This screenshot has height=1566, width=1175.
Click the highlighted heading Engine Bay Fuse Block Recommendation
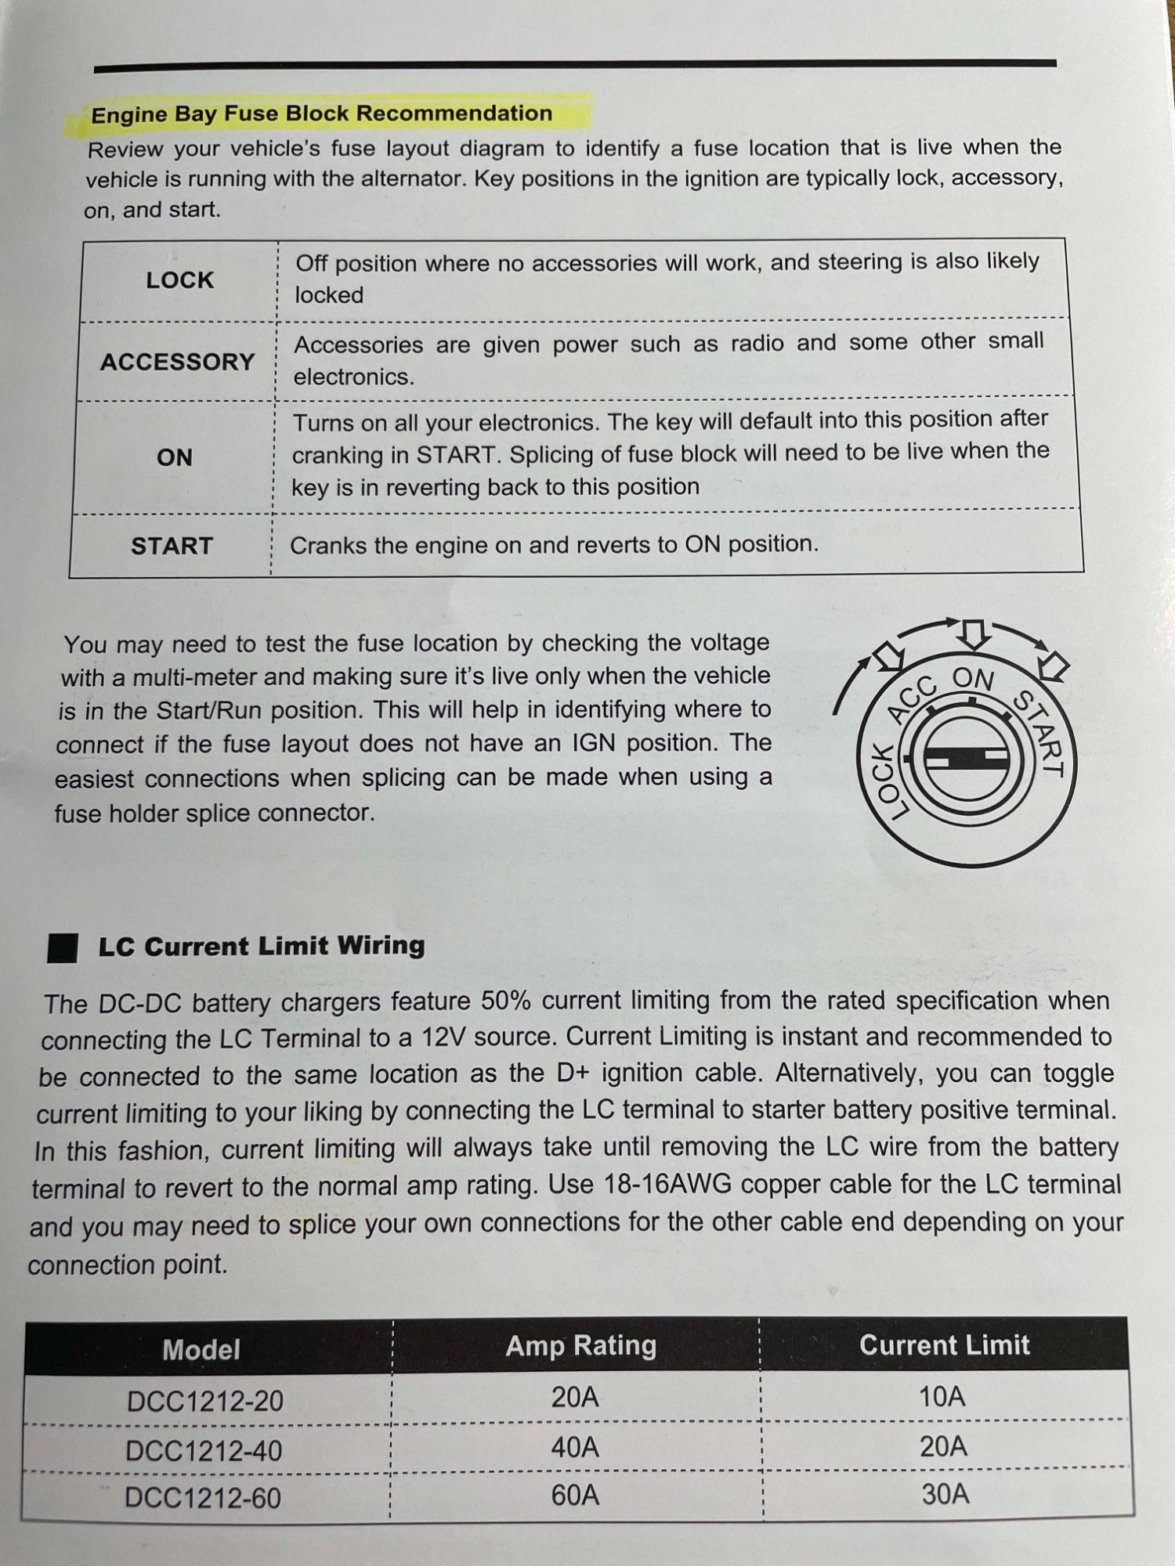point(321,114)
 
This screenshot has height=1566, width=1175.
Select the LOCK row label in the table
point(179,280)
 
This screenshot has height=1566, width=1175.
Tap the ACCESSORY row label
point(178,362)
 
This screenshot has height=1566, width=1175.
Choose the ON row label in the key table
point(174,457)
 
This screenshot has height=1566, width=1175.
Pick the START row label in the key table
point(172,546)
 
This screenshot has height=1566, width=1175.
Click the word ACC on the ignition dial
point(913,698)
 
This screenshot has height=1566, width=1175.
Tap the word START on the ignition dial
point(1039,733)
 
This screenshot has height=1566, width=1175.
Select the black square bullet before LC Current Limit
point(63,947)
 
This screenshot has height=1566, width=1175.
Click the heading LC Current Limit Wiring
point(262,946)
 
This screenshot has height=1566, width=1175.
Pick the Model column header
point(201,1350)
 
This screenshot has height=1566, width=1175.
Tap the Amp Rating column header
point(580,1346)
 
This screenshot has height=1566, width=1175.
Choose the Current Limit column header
point(944,1345)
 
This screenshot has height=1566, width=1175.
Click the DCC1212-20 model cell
point(205,1401)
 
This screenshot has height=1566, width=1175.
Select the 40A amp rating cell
point(575,1448)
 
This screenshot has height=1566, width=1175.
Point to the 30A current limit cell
point(945,1495)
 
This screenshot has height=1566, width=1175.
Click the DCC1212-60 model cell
point(203,1498)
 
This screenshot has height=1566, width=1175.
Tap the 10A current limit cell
point(942,1396)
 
